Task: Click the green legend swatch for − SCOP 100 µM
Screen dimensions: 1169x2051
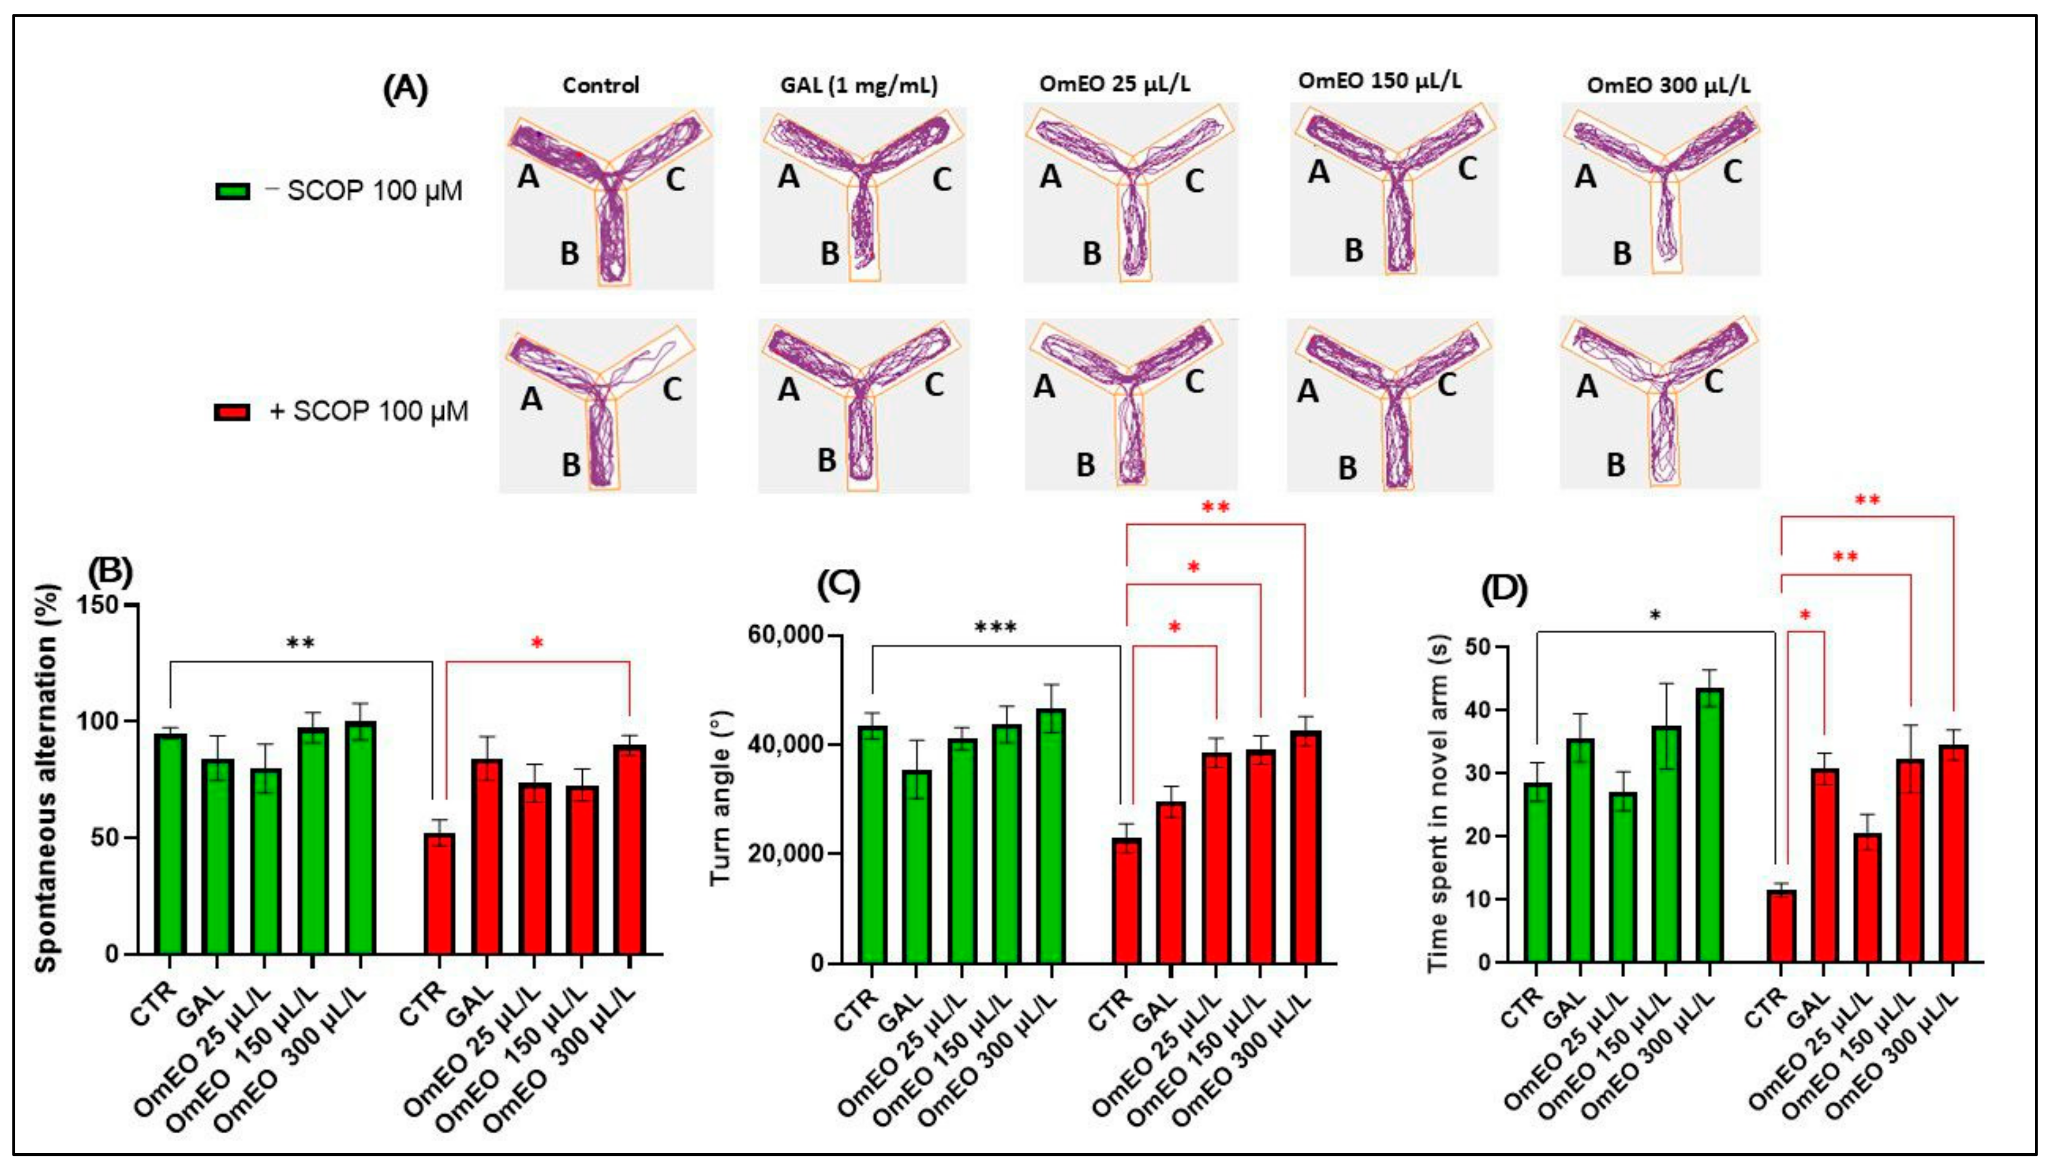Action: pos(233,192)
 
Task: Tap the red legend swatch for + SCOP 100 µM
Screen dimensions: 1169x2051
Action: pos(233,412)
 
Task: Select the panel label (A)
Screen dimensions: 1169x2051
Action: pos(405,89)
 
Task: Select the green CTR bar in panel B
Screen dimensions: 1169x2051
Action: pos(171,843)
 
